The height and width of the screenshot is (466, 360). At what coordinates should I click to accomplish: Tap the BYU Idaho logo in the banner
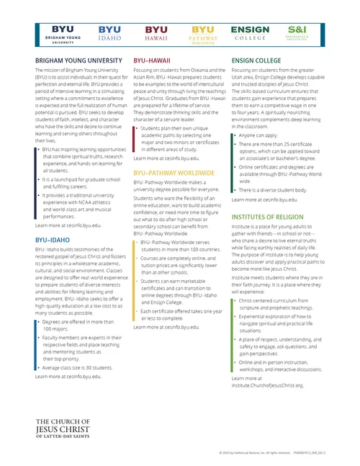tap(109, 32)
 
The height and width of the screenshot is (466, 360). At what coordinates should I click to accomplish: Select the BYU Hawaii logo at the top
tap(156, 32)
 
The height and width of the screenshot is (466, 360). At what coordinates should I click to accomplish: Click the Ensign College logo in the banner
tap(250, 32)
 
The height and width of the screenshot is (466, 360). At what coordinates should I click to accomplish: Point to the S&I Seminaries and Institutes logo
tap(297, 32)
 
